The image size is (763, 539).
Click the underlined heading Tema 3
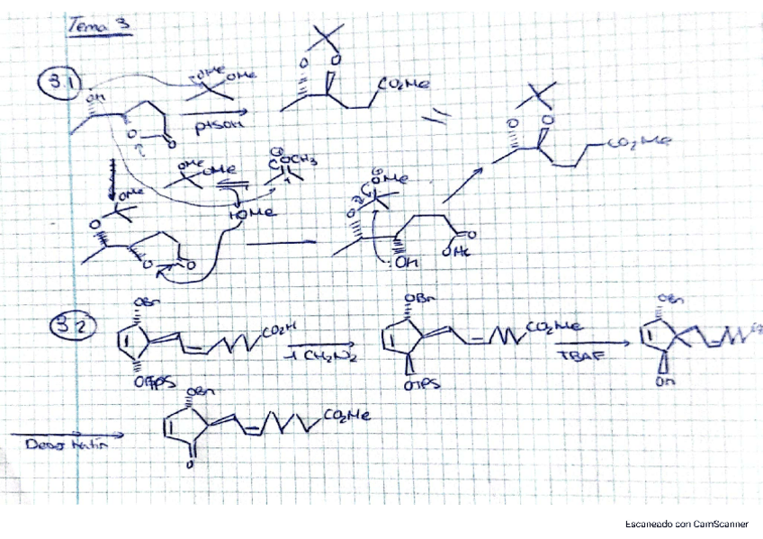pos(100,26)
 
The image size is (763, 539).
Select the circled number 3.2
pos(64,329)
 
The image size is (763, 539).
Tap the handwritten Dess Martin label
pos(61,445)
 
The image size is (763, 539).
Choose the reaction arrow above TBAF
pos(588,345)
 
